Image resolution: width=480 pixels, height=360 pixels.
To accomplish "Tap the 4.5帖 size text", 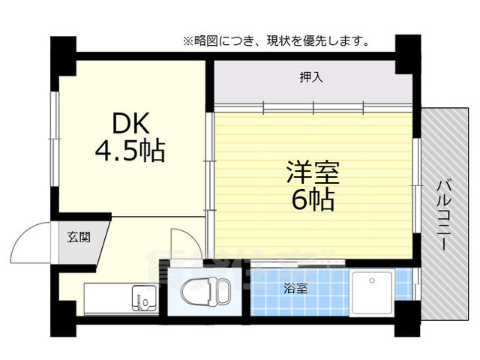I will click(130, 151).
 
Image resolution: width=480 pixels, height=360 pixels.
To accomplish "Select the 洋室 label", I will click(313, 173).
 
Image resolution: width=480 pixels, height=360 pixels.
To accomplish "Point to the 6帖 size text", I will click(313, 200).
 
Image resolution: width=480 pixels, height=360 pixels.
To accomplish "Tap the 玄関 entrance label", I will click(78, 238).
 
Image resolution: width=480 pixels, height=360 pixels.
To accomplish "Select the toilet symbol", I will click(207, 292).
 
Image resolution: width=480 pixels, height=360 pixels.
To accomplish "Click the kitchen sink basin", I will click(144, 298).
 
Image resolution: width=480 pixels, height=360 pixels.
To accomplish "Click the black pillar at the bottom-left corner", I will click(63, 322).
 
